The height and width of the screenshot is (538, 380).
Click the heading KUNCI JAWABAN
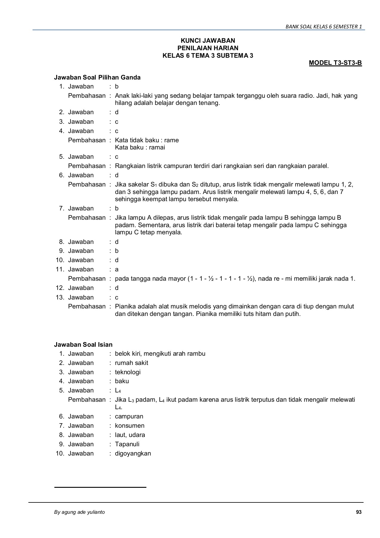tap(208, 41)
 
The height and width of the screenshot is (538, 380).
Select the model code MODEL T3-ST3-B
tap(335, 63)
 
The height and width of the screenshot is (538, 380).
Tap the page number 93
tap(359, 512)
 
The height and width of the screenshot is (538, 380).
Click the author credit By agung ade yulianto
tap(79, 512)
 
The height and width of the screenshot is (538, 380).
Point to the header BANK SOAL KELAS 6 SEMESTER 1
tap(324, 27)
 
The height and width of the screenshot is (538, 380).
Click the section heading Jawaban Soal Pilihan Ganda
tap(97, 77)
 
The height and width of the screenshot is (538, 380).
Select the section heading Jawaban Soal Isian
tap(83, 345)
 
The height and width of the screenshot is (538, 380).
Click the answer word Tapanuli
tap(127, 444)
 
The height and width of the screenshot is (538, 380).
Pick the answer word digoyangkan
tap(133, 453)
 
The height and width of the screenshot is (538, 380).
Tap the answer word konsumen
tap(130, 426)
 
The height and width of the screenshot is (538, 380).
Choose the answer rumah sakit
tap(131, 363)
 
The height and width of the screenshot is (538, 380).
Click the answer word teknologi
tap(128, 372)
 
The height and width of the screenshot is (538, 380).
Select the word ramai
tap(158, 147)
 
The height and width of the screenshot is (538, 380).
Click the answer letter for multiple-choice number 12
tap(117, 288)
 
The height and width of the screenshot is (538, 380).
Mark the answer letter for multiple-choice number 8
tap(117, 242)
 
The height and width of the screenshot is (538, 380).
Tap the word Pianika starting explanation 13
tap(125, 306)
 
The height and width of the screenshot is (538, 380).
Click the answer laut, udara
tap(130, 435)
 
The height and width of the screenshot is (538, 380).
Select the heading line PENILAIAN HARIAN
tap(208, 48)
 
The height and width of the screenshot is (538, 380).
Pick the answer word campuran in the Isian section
tap(129, 416)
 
